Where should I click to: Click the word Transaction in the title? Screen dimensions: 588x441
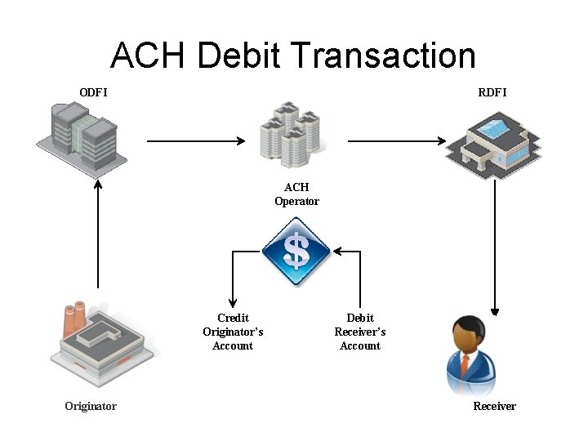pyautogui.click(x=382, y=56)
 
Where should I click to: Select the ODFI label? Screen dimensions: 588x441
pyautogui.click(x=93, y=92)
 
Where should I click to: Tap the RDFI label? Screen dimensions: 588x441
pyautogui.click(x=492, y=92)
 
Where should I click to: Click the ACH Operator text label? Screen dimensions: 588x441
pyautogui.click(x=296, y=194)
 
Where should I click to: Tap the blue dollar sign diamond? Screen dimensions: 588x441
pyautogui.click(x=296, y=252)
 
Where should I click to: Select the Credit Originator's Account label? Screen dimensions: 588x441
pyautogui.click(x=233, y=332)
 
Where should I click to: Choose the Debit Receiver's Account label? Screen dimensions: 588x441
pyautogui.click(x=360, y=332)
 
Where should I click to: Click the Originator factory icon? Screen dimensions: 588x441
pyautogui.click(x=100, y=342)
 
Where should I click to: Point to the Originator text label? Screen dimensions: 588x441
pyautogui.click(x=91, y=406)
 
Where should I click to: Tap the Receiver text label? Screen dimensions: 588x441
pyautogui.click(x=495, y=406)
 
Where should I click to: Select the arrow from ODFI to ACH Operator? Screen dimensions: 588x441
pyautogui.click(x=196, y=141)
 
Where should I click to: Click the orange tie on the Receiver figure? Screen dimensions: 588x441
pyautogui.click(x=465, y=364)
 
